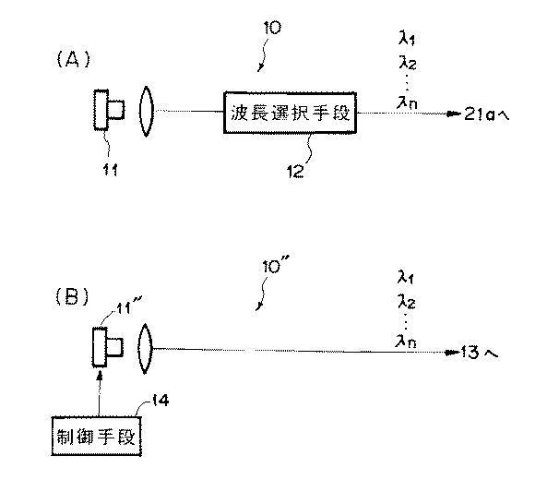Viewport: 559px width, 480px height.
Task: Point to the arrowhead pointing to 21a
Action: [x=451, y=114]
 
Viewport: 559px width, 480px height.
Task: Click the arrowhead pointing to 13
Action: [x=450, y=352]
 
